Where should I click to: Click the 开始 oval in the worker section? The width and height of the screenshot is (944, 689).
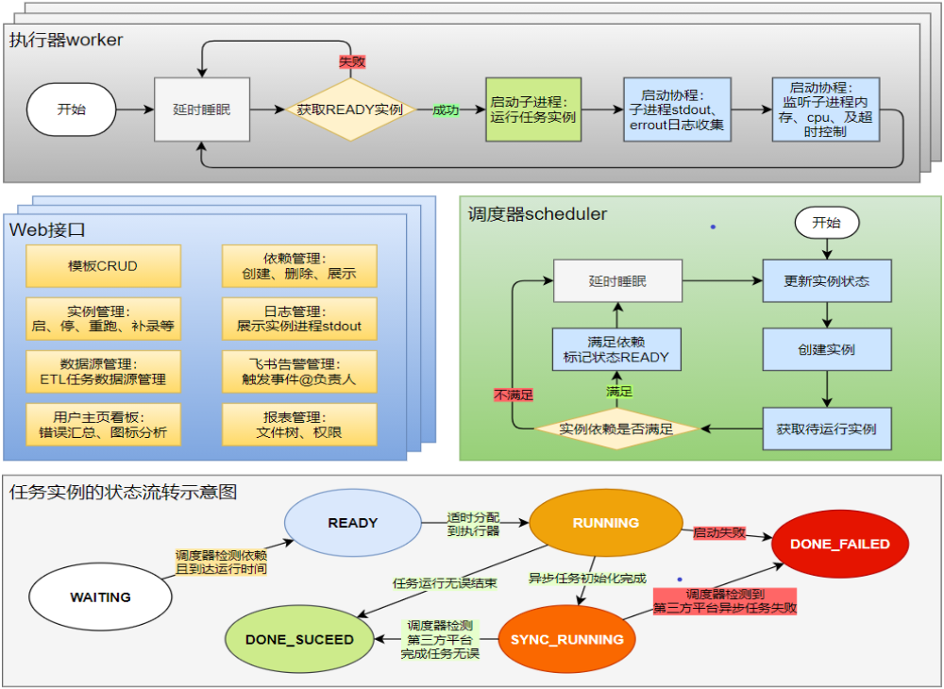click(x=71, y=109)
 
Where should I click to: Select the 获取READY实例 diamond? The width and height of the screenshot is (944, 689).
click(x=350, y=109)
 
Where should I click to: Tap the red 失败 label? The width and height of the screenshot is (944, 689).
click(x=352, y=61)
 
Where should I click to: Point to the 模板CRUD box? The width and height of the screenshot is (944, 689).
click(x=103, y=266)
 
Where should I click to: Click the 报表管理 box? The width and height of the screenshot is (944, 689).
click(x=299, y=425)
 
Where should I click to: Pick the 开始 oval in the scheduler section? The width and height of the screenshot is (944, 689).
click(x=827, y=224)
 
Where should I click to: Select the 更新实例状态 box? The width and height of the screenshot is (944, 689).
click(x=827, y=281)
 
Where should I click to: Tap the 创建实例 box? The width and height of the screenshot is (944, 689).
click(x=827, y=349)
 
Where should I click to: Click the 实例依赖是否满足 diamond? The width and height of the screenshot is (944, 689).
click(x=616, y=429)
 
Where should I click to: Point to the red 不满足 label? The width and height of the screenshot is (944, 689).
click(x=513, y=395)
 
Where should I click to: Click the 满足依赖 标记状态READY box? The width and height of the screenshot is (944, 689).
click(x=616, y=349)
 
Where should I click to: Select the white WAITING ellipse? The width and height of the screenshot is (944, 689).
click(x=101, y=597)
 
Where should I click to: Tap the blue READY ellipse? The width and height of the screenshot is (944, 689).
click(x=353, y=523)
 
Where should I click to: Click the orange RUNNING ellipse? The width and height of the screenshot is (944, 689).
click(x=606, y=523)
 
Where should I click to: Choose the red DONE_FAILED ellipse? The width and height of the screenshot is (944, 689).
click(x=840, y=545)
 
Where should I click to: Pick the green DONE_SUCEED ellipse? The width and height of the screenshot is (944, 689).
click(x=300, y=640)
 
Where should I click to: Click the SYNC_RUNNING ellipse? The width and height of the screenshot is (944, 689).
click(x=567, y=640)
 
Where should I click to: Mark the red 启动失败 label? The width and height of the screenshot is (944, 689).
click(x=719, y=532)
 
